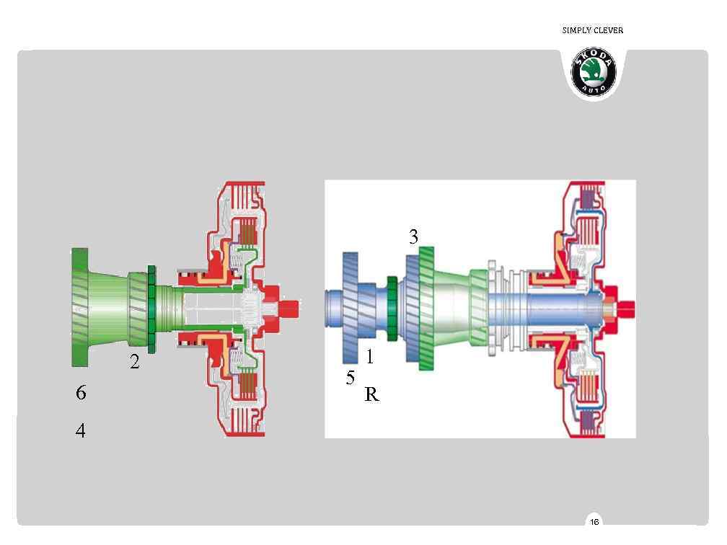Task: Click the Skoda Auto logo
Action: point(594,71)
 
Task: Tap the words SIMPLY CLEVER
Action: point(593,30)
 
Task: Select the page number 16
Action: point(594,522)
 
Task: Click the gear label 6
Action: point(81,392)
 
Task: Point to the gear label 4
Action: point(81,430)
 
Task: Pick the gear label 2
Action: point(134,361)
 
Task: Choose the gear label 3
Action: point(413,236)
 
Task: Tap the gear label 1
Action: point(369,356)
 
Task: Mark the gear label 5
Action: point(350,378)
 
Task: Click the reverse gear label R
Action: point(372,394)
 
